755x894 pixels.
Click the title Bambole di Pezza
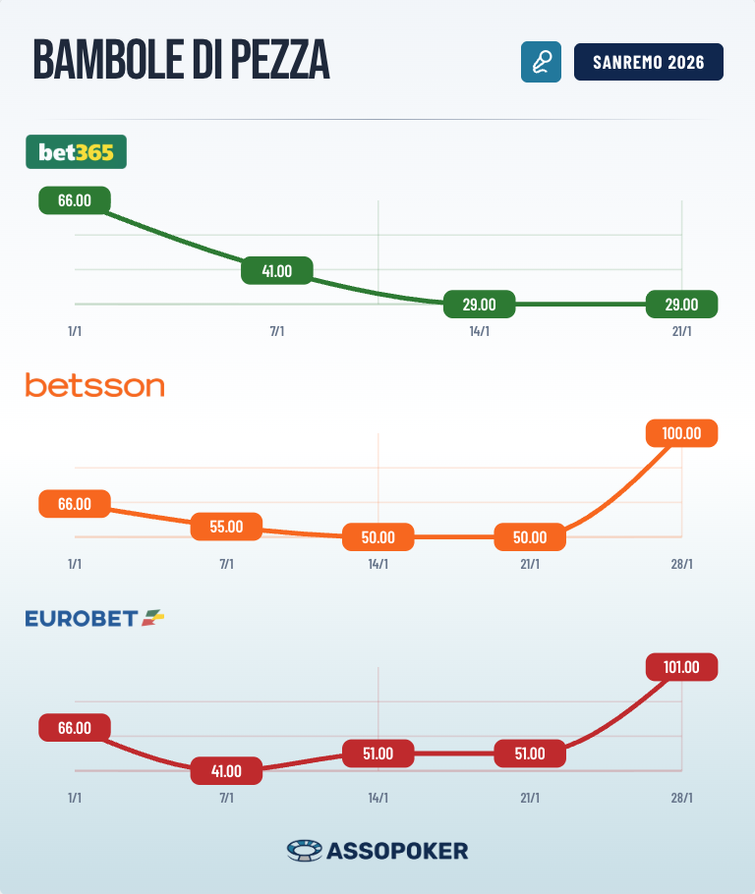click(181, 62)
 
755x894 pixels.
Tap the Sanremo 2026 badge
click(648, 62)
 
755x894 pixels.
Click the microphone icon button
click(541, 62)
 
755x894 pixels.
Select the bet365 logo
click(76, 151)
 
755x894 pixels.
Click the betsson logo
click(94, 385)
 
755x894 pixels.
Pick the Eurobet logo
click(94, 618)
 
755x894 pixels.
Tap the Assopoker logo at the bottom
click(377, 850)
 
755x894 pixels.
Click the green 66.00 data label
click(75, 200)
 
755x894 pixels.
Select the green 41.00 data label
click(276, 270)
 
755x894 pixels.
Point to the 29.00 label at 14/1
click(479, 305)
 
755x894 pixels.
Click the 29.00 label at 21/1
click(681, 305)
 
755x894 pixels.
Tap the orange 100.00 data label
click(681, 433)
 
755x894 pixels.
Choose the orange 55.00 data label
click(226, 526)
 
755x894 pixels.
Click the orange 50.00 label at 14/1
click(377, 537)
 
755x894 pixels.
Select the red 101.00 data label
click(681, 667)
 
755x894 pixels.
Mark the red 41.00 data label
click(226, 771)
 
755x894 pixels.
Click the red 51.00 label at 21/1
click(529, 754)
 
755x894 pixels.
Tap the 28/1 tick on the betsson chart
click(681, 564)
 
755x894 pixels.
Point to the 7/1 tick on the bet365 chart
click(276, 331)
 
